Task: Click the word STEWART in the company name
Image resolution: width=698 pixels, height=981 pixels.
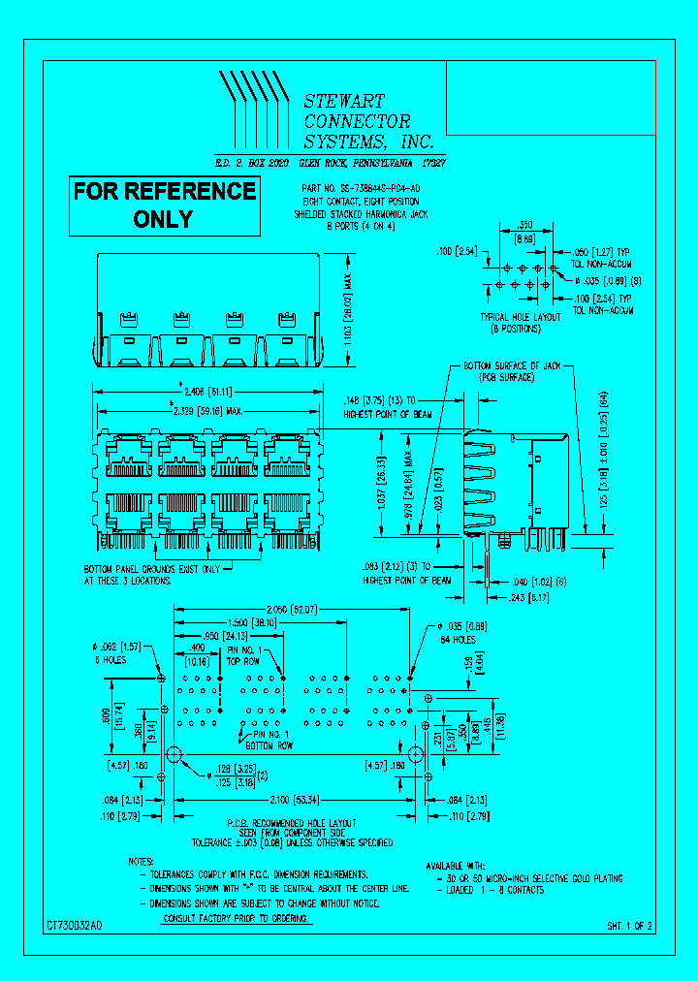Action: click(x=344, y=101)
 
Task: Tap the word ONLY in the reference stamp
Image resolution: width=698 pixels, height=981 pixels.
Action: click(x=164, y=219)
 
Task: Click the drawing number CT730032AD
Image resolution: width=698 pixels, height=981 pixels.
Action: click(x=74, y=927)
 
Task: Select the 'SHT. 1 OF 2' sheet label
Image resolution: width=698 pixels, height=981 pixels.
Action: click(x=630, y=927)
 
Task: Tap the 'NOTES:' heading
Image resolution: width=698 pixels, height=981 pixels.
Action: click(x=141, y=861)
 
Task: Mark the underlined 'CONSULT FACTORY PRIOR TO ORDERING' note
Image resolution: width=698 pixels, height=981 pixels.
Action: click(x=237, y=917)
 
